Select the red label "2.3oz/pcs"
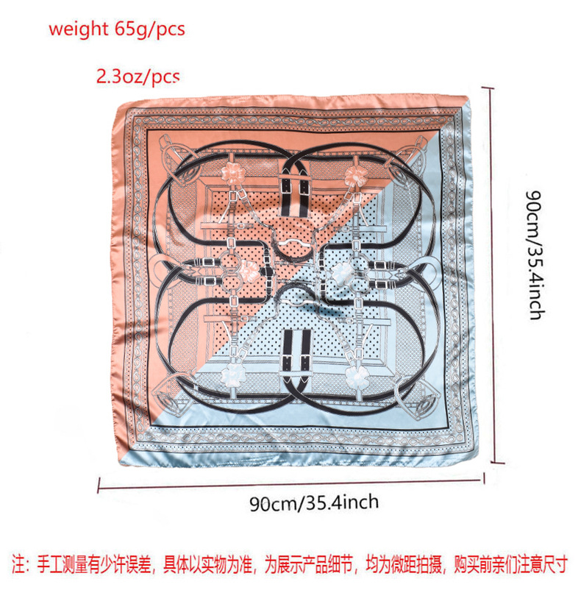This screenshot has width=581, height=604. (x=138, y=76)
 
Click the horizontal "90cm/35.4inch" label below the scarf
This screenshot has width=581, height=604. (x=314, y=503)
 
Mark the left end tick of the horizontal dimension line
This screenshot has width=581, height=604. (x=99, y=483)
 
